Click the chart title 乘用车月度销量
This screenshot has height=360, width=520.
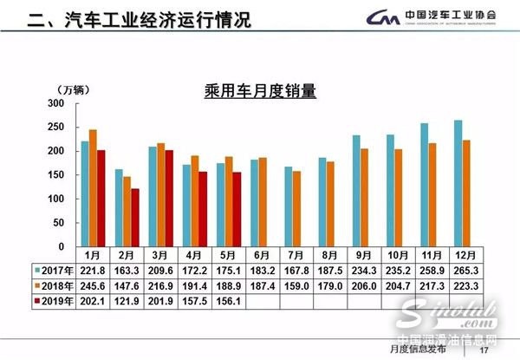coord(259,88)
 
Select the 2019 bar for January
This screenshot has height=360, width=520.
coord(101,199)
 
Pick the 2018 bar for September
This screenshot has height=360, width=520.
coord(365,198)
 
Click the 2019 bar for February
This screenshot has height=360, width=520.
coord(134,218)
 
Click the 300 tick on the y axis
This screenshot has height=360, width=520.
coord(56,103)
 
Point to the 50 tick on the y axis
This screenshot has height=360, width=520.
coord(59,223)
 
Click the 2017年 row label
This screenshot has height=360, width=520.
coord(55,270)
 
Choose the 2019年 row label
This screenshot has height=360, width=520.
coord(55,300)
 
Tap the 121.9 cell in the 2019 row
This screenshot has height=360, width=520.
coord(130,300)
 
